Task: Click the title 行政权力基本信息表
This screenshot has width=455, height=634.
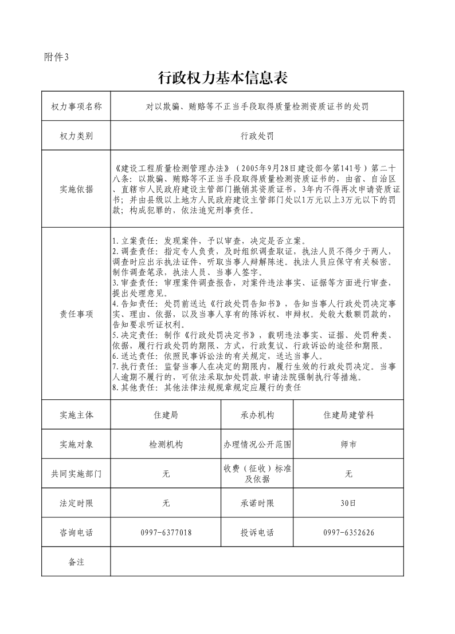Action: tap(222, 78)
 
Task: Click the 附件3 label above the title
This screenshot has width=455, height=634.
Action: tap(56, 57)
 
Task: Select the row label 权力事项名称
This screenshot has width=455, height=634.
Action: tap(76, 106)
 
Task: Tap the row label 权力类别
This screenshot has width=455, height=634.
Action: tap(76, 136)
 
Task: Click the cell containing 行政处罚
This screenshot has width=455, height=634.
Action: tap(257, 136)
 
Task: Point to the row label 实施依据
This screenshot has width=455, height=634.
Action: tap(76, 189)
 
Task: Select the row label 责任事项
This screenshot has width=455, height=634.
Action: tap(76, 314)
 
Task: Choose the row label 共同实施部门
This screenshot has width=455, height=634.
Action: tap(76, 474)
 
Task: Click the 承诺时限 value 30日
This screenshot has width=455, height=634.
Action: tap(348, 504)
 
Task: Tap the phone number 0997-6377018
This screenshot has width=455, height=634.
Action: tap(166, 533)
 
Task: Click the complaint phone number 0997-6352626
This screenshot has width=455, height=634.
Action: tap(348, 533)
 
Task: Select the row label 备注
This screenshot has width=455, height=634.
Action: tap(76, 562)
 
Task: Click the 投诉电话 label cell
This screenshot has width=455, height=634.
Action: tap(257, 533)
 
